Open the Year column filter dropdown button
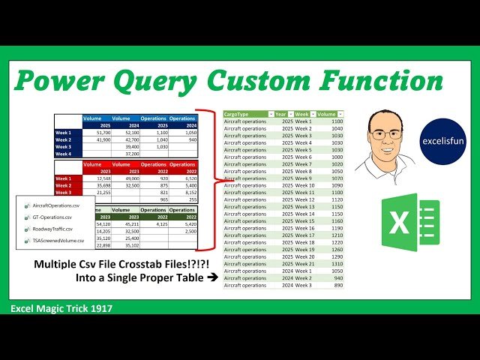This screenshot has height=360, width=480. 290,114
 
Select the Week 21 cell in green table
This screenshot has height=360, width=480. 303,264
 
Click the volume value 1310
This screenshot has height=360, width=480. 335,264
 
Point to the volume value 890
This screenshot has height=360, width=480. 337,285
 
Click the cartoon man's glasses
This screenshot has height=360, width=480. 385,134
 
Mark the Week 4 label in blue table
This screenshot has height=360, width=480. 64,154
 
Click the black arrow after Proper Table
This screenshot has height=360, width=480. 211,277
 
